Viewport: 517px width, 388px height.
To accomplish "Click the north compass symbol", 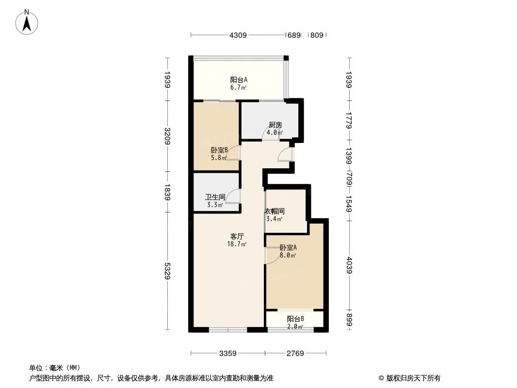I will pyautogui.click(x=28, y=22).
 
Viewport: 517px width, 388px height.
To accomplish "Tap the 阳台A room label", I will pyautogui.click(x=239, y=80).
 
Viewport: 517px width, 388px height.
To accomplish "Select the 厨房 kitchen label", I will pyautogui.click(x=275, y=125).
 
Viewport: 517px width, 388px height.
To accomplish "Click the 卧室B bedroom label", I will pyautogui.click(x=219, y=150).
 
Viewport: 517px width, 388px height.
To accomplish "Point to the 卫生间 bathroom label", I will pyautogui.click(x=214, y=197).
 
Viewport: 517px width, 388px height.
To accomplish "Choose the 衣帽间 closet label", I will pyautogui.click(x=275, y=211).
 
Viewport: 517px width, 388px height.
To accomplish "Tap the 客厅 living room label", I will pyautogui.click(x=237, y=236).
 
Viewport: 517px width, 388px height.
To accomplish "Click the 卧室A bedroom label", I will pyautogui.click(x=288, y=248).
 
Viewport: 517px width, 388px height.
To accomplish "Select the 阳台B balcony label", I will pyautogui.click(x=295, y=319).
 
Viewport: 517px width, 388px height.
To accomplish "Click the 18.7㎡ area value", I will pyautogui.click(x=237, y=244).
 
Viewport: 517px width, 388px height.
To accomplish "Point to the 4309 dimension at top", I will pyautogui.click(x=238, y=35).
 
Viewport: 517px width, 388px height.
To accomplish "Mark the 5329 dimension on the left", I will pyautogui.click(x=167, y=271).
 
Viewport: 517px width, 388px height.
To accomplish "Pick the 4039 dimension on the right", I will pyautogui.click(x=349, y=266).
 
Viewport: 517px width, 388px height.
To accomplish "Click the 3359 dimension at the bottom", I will pyautogui.click(x=227, y=354).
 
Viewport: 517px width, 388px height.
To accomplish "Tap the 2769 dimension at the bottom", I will pyautogui.click(x=294, y=354).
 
